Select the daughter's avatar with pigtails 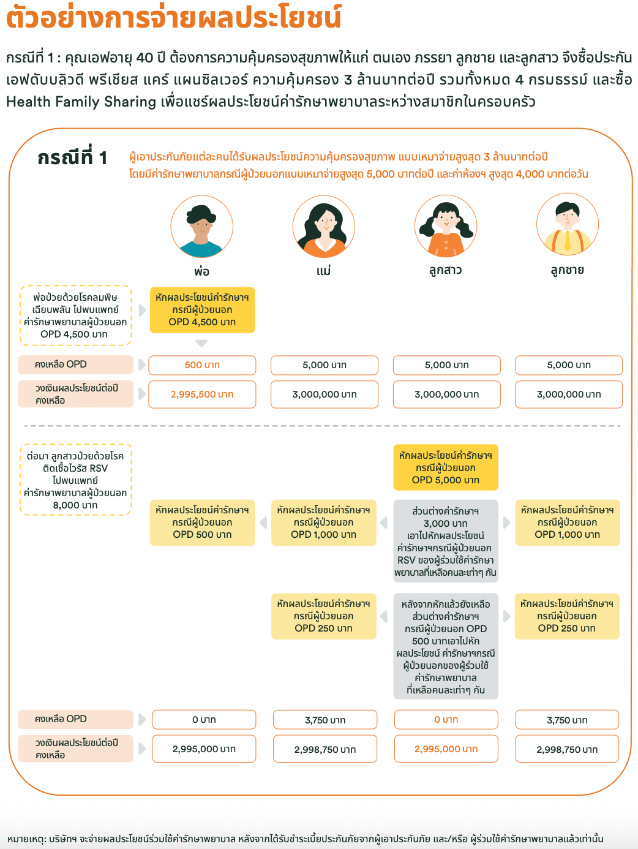pos(446,226)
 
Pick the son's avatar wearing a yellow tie pos(568,225)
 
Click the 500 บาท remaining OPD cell pos(202,365)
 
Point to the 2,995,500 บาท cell pos(202,394)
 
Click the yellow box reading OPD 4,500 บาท pos(202,310)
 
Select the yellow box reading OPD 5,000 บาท pos(446,467)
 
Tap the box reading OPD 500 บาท pos(202,523)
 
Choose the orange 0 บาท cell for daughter pos(446,720)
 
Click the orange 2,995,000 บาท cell pos(446,749)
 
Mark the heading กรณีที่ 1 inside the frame pos(72,158)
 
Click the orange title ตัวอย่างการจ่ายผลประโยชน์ pos(174,17)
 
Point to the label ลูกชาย pos(568,270)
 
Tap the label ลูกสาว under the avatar pos(446,270)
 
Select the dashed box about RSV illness pos(76,480)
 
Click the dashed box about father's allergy pos(76,315)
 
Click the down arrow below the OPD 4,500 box pos(201,343)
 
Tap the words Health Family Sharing pos(81,102)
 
